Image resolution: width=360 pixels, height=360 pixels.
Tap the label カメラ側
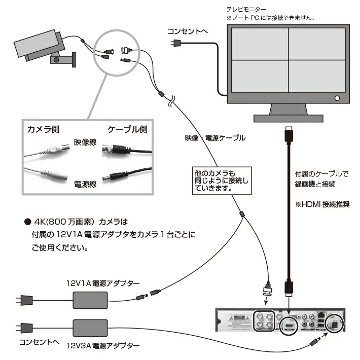pos(43,129)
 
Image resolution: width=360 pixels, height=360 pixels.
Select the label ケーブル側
pos(127,129)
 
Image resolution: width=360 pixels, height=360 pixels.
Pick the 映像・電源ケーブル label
pos(215,138)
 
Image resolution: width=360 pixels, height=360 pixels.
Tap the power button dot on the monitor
pos(336,98)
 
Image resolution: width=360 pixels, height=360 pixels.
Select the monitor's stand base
pos(288,118)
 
